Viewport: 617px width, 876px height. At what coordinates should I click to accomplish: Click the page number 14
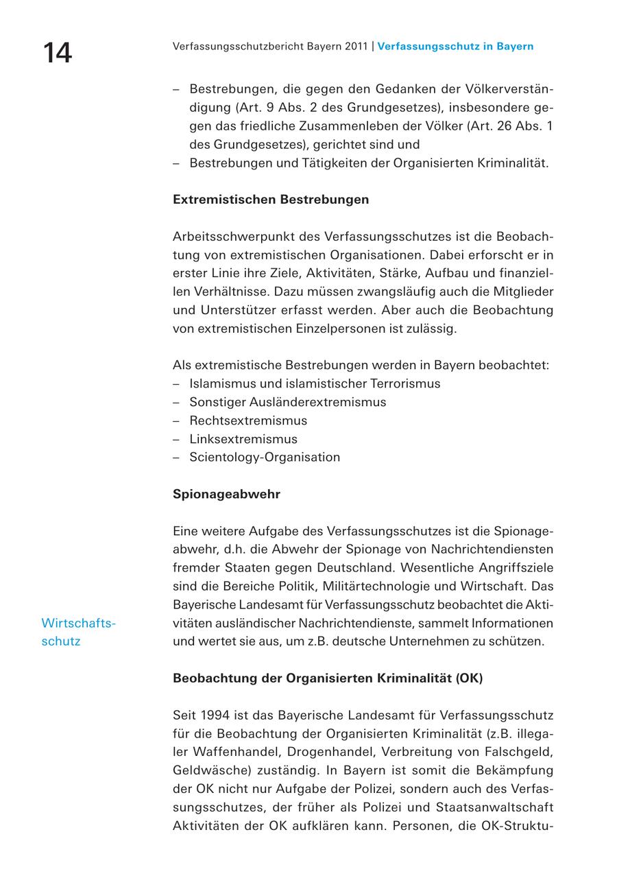click(58, 53)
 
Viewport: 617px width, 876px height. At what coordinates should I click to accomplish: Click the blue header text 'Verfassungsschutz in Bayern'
click(455, 47)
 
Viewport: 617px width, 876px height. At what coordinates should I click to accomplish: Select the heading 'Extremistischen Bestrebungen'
click(271, 200)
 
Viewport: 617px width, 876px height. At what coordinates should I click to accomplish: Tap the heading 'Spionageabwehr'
click(226, 494)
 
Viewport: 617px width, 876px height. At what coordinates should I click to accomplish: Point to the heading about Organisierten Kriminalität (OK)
click(328, 678)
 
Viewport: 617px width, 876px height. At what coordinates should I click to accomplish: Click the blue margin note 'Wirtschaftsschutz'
click(78, 632)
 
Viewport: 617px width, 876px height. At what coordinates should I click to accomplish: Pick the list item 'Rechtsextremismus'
click(248, 421)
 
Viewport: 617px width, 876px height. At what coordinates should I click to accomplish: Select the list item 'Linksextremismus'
click(243, 439)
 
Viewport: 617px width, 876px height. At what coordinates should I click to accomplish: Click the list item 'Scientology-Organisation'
click(265, 457)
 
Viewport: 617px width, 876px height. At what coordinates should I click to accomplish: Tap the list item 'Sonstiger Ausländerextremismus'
click(288, 402)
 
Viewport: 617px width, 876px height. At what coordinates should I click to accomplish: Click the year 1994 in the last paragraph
click(215, 715)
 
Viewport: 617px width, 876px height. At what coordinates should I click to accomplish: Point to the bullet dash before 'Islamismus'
click(176, 383)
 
